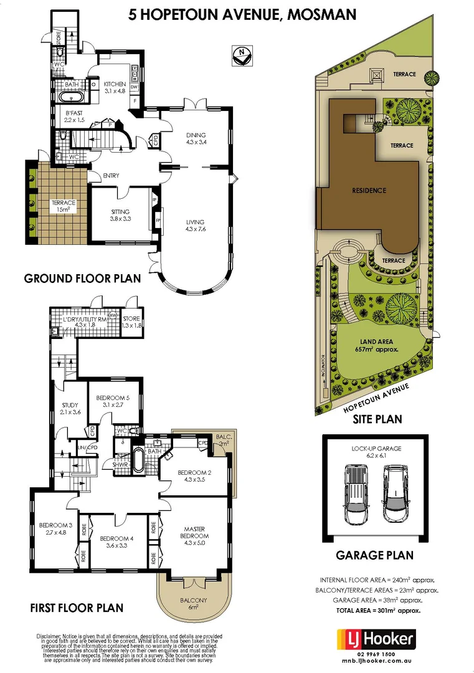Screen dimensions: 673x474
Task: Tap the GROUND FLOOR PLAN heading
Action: pos(82,278)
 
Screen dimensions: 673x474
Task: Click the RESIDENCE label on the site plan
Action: pos(369,190)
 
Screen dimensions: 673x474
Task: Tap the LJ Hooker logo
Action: pos(376,639)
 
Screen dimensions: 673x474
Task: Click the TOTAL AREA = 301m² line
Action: pos(378,610)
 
